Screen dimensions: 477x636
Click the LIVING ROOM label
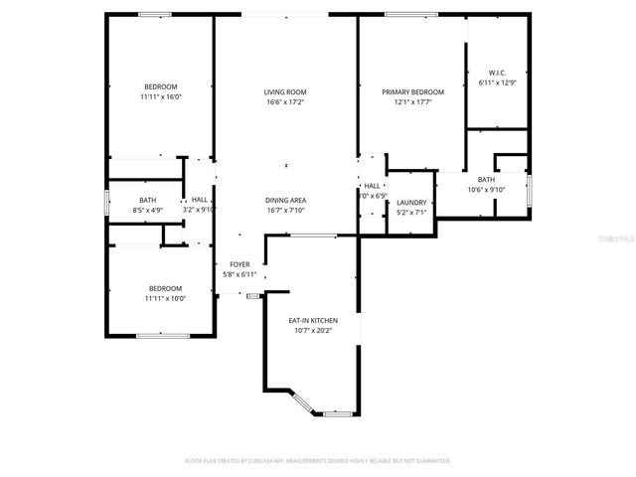[x=284, y=91]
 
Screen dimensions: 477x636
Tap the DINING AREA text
[x=284, y=200]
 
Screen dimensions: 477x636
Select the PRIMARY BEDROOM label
[x=412, y=91]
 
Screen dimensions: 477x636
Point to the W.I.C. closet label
[x=497, y=73]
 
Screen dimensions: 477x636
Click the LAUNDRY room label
[x=410, y=203]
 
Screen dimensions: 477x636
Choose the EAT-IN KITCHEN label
[x=313, y=321]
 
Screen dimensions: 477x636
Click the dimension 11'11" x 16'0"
[x=161, y=97]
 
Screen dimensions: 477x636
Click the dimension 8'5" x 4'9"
[x=147, y=210]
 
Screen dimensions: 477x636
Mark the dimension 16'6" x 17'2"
[x=284, y=102]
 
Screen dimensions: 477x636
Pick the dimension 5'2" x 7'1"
[x=410, y=213]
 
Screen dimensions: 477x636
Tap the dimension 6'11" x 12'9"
[x=497, y=83]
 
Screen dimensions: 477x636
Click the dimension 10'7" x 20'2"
[x=313, y=331]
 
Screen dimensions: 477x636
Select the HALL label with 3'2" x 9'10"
[x=200, y=210]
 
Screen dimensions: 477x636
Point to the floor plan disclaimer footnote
[x=318, y=460]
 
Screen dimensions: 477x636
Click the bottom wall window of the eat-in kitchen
[x=339, y=412]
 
